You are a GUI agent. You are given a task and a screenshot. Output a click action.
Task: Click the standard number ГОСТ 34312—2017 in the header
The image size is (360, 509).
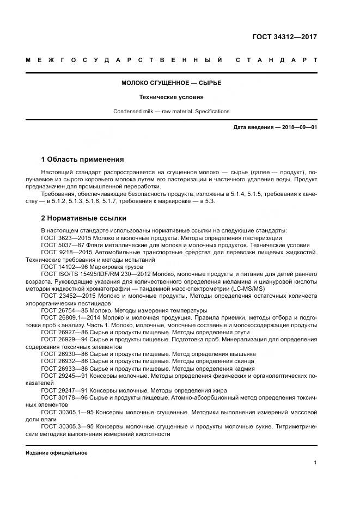click(284, 38)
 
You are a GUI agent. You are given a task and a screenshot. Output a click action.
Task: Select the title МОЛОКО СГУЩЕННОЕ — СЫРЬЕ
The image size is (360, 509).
click(171, 83)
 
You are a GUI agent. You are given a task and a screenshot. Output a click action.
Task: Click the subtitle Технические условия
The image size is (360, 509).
click(171, 97)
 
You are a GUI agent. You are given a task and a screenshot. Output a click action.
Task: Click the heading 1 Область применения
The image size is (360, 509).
click(82, 160)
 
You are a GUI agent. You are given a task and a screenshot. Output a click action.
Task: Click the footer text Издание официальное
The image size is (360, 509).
click(56, 453)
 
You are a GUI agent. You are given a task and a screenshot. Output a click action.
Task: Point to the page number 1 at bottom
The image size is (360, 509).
click(315, 462)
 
